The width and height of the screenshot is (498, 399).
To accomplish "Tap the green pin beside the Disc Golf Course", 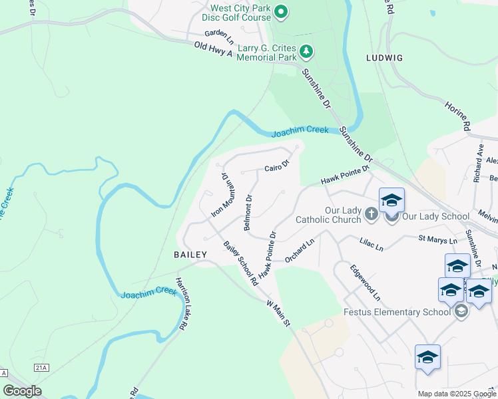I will (282, 11).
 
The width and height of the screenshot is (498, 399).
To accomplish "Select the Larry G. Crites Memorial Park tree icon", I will (306, 51).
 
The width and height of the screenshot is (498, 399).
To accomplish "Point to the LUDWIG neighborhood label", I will (384, 58).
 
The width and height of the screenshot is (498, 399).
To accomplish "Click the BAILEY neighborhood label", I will (190, 255).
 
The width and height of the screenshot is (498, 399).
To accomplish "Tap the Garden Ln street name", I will (219, 34).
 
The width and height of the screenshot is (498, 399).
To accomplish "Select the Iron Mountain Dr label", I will (220, 195).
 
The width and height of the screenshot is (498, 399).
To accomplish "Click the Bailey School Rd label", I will (240, 263).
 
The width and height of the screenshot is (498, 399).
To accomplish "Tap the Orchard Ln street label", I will (299, 253).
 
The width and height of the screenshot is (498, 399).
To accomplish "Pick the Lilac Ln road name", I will (372, 247).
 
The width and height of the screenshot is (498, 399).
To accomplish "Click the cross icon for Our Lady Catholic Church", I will (372, 214).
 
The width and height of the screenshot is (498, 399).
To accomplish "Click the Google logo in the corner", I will (22, 391).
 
